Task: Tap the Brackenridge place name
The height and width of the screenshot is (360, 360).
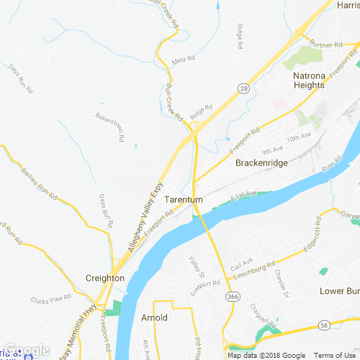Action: (x=262, y=163)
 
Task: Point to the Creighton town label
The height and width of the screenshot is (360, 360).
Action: (x=105, y=278)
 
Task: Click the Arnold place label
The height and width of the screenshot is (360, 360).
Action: (x=154, y=318)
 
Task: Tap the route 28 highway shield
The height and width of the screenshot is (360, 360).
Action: (x=246, y=88)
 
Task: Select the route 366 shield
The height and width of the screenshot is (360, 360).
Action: (x=232, y=295)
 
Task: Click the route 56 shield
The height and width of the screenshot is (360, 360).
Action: (x=325, y=325)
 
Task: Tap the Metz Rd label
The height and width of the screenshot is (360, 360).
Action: (x=179, y=60)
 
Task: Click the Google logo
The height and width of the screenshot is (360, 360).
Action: (x=27, y=351)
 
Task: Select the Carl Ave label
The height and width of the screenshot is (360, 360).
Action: (x=242, y=262)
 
